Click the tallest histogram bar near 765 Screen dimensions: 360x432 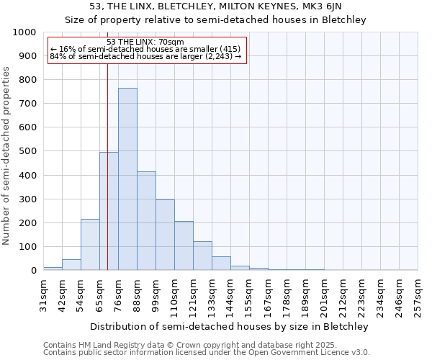[127, 179]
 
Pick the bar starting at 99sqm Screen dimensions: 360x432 [165, 235]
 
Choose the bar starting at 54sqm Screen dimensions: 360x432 [90, 245]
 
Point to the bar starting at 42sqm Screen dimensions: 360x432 [71, 264]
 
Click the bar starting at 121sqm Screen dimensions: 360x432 [202, 256]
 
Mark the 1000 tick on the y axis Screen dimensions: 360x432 [24, 32]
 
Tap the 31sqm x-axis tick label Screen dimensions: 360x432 [43, 294]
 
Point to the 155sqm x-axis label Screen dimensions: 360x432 [249, 294]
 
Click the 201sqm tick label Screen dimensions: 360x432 [324, 294]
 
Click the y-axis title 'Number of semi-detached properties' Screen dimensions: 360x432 [7, 156]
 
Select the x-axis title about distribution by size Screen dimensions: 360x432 [230, 326]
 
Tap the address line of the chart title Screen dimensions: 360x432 [216, 6]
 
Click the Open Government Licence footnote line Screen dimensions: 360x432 [207, 353]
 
